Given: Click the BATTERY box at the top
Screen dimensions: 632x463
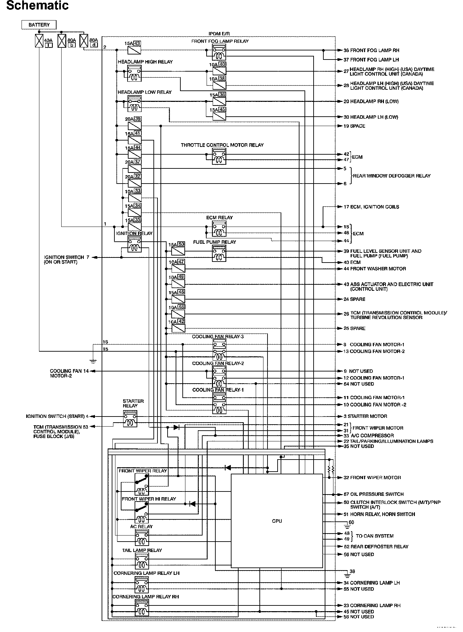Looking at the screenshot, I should click(39, 25).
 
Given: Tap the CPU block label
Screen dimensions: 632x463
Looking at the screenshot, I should click(277, 521).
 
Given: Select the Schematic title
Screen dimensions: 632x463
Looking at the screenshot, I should click(37, 6).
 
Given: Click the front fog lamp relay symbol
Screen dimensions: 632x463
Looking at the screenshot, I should click(219, 53).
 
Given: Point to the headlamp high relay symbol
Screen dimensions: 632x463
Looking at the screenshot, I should click(135, 74).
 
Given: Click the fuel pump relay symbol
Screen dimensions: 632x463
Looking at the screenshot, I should click(219, 253).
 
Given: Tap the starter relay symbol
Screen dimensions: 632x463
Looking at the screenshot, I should click(130, 419).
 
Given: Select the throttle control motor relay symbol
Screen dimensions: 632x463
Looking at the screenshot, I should click(219, 157).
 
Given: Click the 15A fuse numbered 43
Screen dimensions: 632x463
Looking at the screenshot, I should click(134, 50).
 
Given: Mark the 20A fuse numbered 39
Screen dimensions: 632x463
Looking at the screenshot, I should click(134, 126).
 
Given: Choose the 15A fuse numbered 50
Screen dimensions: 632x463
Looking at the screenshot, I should click(178, 251).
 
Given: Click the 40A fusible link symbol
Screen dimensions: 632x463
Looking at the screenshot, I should click(39, 41).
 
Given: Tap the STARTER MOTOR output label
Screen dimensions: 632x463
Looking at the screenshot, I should click(367, 416).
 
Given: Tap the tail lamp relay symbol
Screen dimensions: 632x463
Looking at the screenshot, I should click(142, 561).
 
